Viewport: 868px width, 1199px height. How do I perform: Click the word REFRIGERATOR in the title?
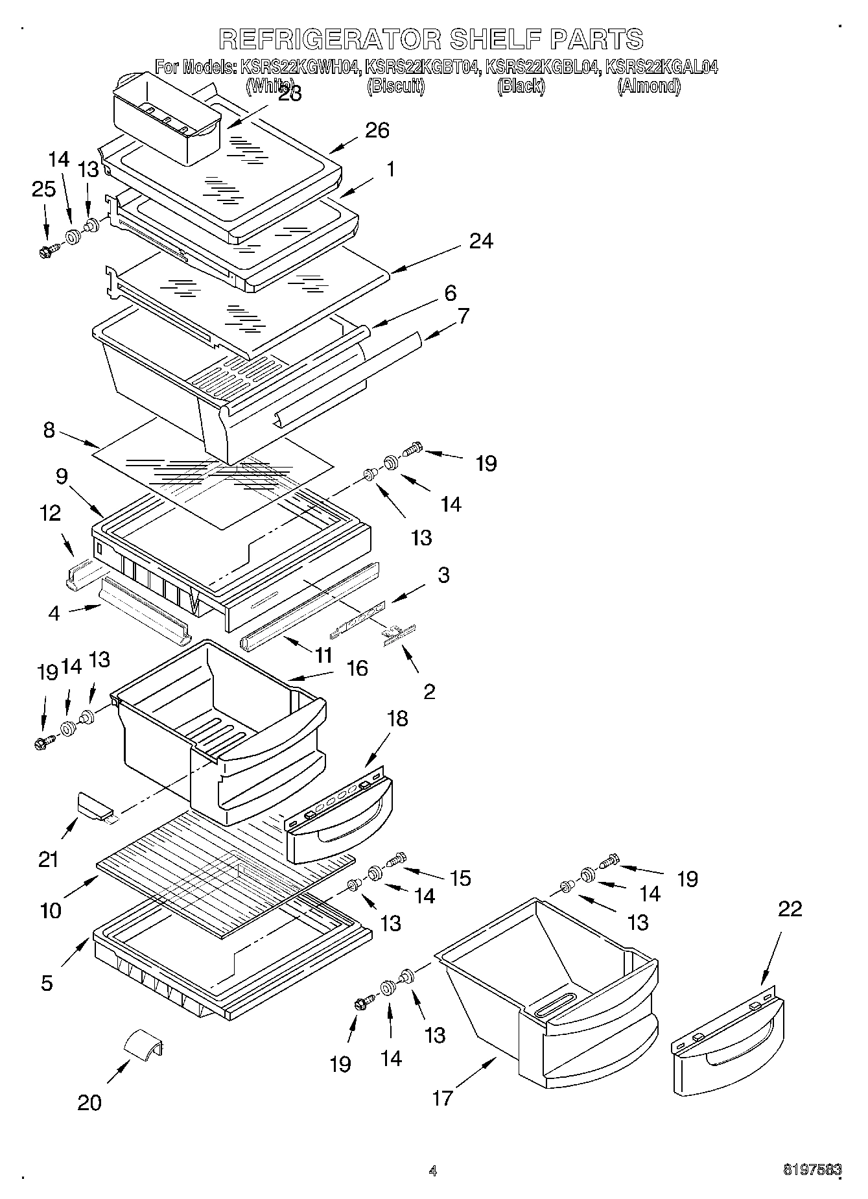pos(330,39)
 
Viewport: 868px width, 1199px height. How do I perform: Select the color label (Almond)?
pos(649,86)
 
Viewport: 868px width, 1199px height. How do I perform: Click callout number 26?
pos(377,130)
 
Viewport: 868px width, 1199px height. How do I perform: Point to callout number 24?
pos(481,241)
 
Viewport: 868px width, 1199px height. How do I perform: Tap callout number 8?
pos(49,430)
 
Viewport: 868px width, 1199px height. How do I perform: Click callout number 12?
pos(50,513)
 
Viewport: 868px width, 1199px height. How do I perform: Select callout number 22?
pos(790,908)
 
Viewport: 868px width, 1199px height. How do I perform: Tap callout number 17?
pos(443,1097)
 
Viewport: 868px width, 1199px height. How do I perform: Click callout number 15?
pos(460,878)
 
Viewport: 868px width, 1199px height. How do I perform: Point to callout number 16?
pos(357,668)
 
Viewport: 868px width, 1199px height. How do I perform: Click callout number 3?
pos(443,575)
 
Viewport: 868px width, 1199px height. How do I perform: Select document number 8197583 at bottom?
pos(812,1169)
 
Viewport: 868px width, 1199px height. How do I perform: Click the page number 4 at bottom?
pos(432,1170)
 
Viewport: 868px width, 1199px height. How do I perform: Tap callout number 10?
pos(51,910)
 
